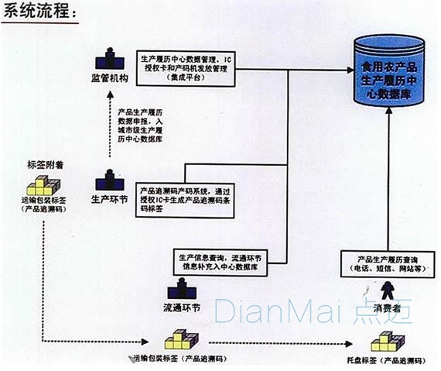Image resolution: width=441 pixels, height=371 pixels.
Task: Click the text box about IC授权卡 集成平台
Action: (186, 67)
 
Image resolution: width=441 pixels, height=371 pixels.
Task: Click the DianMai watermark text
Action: (309, 311)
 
